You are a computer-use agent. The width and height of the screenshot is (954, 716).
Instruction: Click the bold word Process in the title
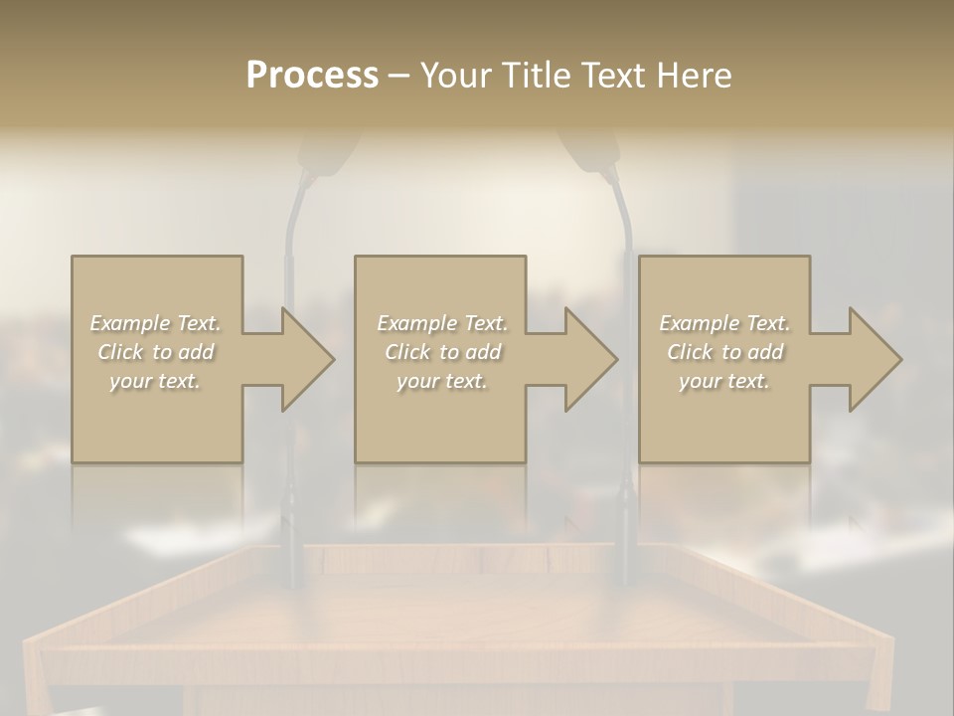pos(312,76)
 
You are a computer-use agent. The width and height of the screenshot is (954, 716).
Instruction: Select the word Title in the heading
pos(538,76)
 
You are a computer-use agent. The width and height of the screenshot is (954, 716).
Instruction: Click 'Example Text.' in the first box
pos(156,323)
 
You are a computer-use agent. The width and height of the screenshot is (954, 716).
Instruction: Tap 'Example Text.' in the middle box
pos(442,323)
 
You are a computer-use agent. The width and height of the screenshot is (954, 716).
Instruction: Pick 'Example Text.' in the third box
pos(724,323)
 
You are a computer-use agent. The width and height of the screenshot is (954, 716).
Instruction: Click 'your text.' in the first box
pos(156,381)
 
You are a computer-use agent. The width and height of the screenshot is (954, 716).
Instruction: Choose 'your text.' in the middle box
pos(442,381)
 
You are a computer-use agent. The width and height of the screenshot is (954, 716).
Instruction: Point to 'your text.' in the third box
pos(724,381)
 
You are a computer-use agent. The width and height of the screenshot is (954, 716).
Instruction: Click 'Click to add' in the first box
pos(156,352)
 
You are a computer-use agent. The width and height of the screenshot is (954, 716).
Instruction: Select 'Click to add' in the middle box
pos(442,352)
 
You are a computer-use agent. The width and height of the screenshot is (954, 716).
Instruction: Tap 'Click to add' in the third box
pos(724,352)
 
